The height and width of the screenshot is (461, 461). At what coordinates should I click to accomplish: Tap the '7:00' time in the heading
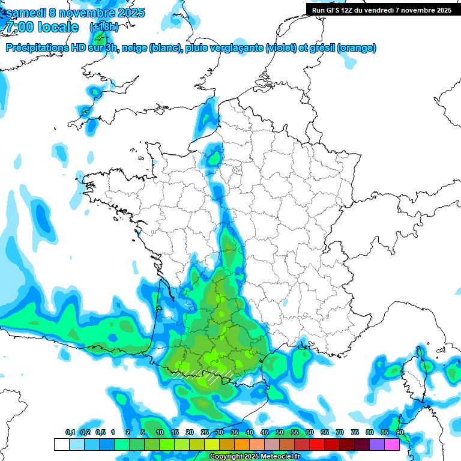[19, 27]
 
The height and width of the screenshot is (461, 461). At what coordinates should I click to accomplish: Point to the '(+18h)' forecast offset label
[104, 27]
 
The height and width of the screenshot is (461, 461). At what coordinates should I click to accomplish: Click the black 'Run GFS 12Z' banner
[382, 10]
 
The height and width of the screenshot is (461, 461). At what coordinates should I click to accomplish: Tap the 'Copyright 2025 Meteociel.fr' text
[255, 457]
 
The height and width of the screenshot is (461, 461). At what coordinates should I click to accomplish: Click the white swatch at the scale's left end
[61, 445]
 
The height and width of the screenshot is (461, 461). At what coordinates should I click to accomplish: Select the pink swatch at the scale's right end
[392, 445]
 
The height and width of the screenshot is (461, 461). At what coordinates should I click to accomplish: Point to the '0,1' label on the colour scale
[70, 432]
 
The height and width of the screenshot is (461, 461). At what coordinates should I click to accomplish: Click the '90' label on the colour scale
[400, 432]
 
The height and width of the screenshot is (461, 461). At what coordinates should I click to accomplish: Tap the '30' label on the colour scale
[220, 432]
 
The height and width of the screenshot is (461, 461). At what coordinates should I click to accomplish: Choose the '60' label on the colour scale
[310, 432]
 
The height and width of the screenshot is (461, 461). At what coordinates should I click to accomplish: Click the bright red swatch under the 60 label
[317, 445]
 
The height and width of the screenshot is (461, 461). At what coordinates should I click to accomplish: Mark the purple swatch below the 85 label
[377, 445]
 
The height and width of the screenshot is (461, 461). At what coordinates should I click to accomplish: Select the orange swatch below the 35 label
[242, 445]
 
